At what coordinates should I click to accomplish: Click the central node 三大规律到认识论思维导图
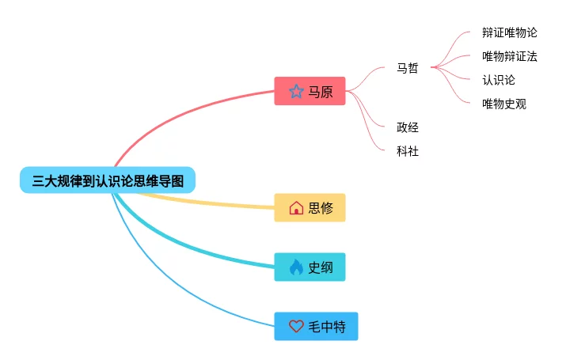[x=108, y=180]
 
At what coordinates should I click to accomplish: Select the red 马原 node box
[x=310, y=92]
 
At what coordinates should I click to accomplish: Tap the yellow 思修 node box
[x=310, y=208]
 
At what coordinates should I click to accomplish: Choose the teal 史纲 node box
[x=310, y=267]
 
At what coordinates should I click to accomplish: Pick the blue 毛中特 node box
[x=316, y=326]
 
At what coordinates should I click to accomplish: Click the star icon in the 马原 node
[x=296, y=92]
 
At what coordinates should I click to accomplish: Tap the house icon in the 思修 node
[x=296, y=208]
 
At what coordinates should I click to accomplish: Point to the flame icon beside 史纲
[x=296, y=267]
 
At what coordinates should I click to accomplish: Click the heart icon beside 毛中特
[x=296, y=326]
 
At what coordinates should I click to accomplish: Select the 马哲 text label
[x=408, y=68]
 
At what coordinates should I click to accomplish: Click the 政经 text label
[x=408, y=127]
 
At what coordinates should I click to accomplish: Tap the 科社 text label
[x=408, y=151]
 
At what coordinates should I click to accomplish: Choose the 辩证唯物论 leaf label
[x=509, y=32]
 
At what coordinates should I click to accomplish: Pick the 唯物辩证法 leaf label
[x=509, y=56]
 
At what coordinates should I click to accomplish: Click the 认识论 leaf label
[x=499, y=80]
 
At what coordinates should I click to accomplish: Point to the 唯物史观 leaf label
[x=504, y=104]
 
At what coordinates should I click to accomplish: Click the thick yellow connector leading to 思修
[x=206, y=203]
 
